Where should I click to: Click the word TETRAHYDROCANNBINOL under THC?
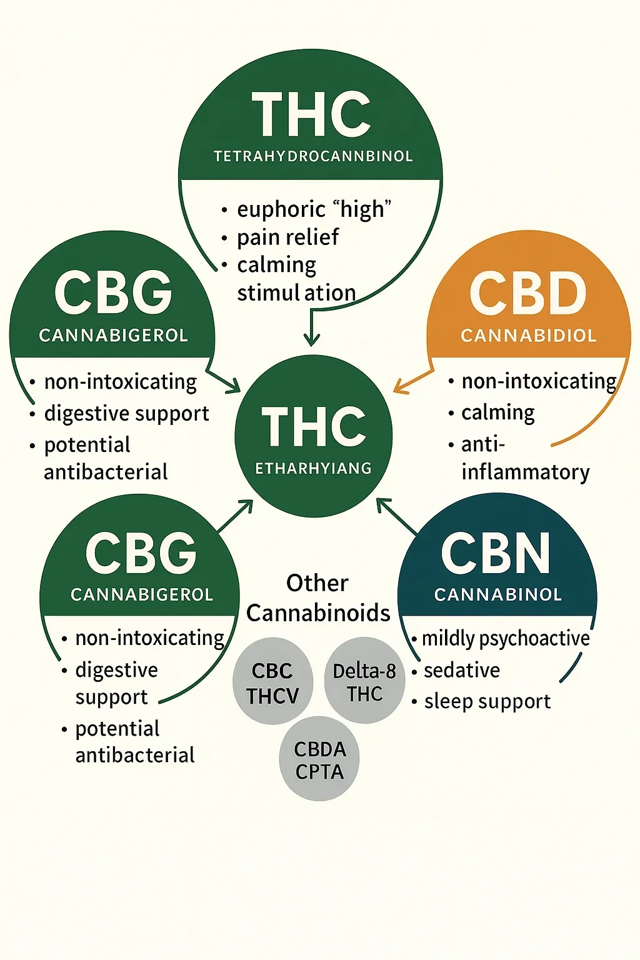pos(313,156)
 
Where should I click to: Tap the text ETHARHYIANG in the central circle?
pos(313,468)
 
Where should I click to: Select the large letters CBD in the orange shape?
pos(528,294)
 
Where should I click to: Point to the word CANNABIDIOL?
pos(529,336)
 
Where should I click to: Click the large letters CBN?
pos(496,554)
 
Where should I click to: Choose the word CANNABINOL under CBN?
pos(498,594)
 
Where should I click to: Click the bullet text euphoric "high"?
pos(314,209)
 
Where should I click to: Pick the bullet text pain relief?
pos(287,237)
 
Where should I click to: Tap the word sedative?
pos(462,671)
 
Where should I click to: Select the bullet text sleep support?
pos(487,701)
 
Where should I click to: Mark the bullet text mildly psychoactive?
pos(506,639)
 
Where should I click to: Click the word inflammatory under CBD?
pos(526,472)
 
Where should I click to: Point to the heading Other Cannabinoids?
pos(317,598)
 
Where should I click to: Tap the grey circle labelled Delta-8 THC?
pos(364,682)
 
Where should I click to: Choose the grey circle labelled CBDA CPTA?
pos(319,759)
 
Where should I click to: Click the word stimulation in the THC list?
pos(296,292)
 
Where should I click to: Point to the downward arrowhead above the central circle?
pos(311,340)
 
